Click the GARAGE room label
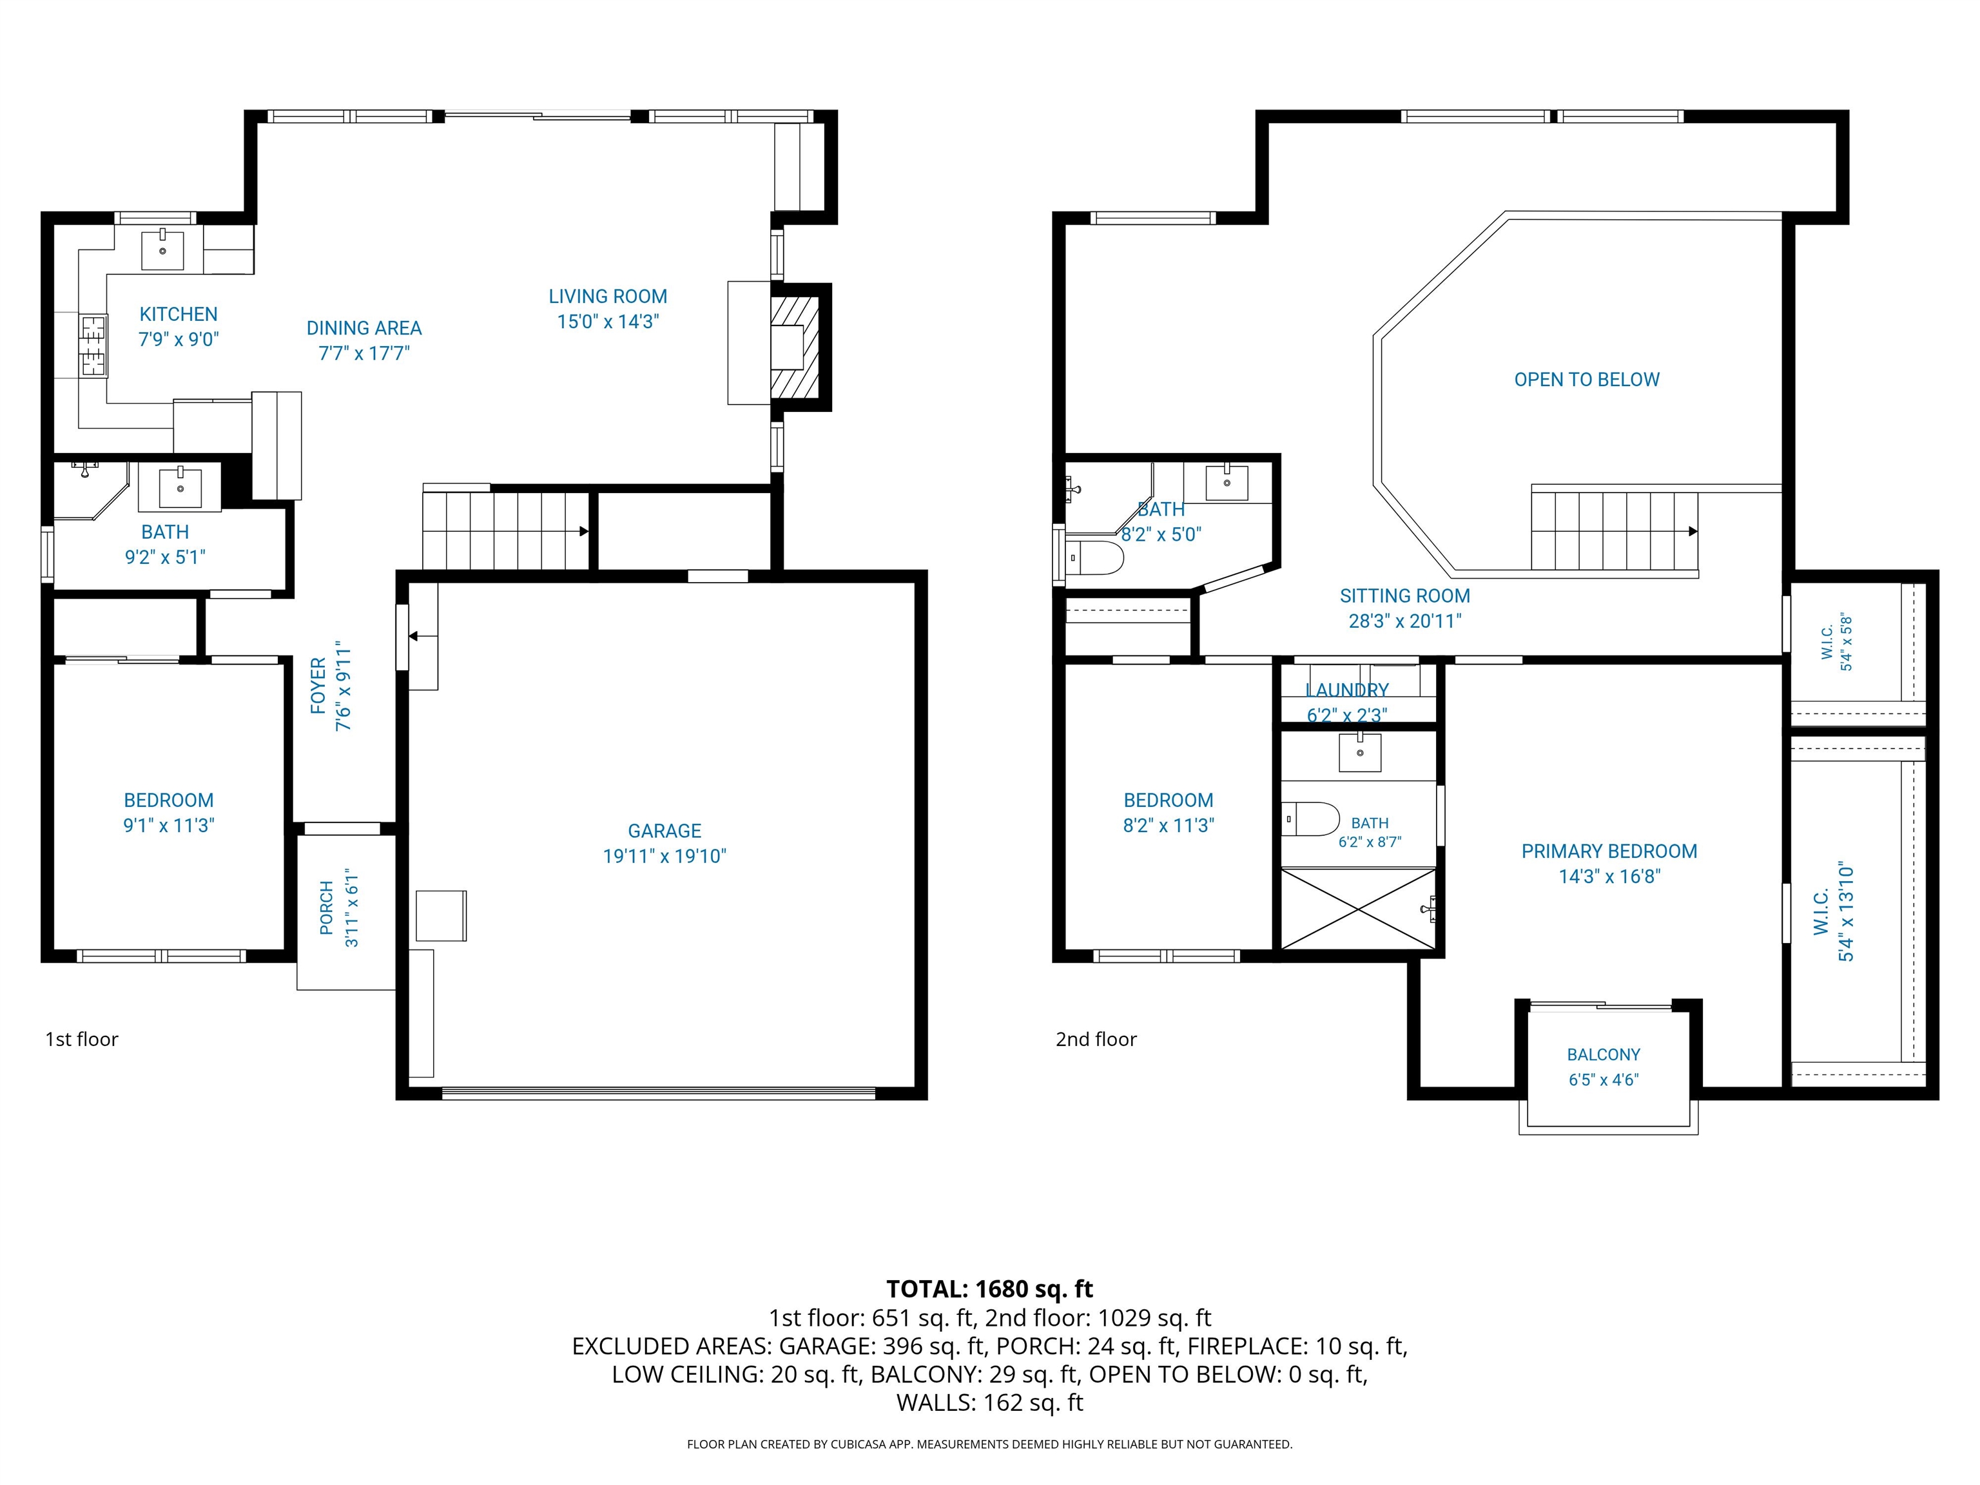[x=664, y=831]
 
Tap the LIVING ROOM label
[x=608, y=296]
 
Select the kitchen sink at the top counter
[x=163, y=249]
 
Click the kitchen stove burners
[x=93, y=345]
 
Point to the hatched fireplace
[x=795, y=348]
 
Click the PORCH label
[x=327, y=907]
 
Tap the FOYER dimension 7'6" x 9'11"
[x=344, y=686]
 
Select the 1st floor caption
[x=81, y=1039]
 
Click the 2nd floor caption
[x=1096, y=1039]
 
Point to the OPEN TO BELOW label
[x=1586, y=380]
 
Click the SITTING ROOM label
[x=1404, y=596]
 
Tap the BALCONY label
[x=1603, y=1054]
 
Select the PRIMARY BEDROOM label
[x=1609, y=851]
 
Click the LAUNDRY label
[x=1346, y=690]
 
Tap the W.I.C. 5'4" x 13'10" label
[x=1833, y=913]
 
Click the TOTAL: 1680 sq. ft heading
[x=989, y=1289]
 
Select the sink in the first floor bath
[x=181, y=488]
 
